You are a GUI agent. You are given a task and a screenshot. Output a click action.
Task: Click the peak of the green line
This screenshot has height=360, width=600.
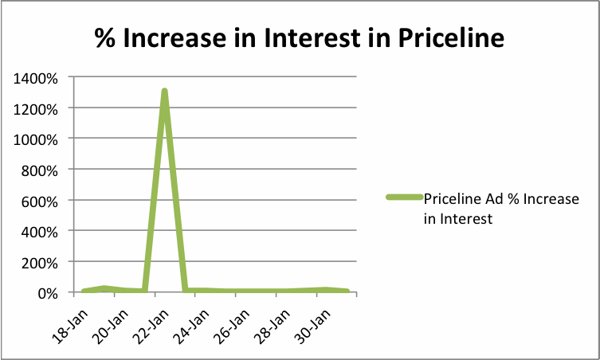(164, 91)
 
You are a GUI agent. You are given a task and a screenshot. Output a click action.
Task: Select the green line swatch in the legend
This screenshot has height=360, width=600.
(403, 198)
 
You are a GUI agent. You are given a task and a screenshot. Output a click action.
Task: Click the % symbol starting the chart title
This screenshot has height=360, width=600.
(105, 37)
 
